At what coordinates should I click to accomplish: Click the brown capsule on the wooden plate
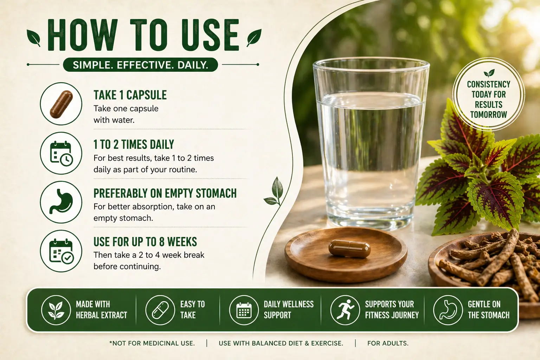[349, 249]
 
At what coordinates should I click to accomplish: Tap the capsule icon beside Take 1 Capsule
[61, 104]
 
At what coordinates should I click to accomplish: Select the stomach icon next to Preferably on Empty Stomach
[61, 202]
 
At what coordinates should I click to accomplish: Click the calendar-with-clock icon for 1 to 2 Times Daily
[61, 154]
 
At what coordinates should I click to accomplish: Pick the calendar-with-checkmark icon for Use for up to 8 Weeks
[62, 251]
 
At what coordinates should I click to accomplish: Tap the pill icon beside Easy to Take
[160, 310]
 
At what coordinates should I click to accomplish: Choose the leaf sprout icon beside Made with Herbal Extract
[56, 310]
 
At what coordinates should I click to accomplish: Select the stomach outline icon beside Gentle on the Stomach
[448, 310]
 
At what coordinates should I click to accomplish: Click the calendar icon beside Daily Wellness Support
[244, 310]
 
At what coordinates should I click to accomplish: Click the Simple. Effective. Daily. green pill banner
[140, 65]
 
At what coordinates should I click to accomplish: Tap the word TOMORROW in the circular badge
[489, 115]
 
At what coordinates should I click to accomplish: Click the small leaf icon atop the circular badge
[489, 73]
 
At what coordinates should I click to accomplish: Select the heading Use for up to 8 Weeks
[145, 242]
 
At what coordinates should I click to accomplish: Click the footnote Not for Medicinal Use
[152, 343]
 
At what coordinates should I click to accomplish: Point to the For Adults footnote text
[388, 343]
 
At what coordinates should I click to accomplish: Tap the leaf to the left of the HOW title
[34, 38]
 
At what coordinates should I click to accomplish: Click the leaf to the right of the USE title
[254, 38]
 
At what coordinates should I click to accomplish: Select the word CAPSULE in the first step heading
[147, 95]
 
